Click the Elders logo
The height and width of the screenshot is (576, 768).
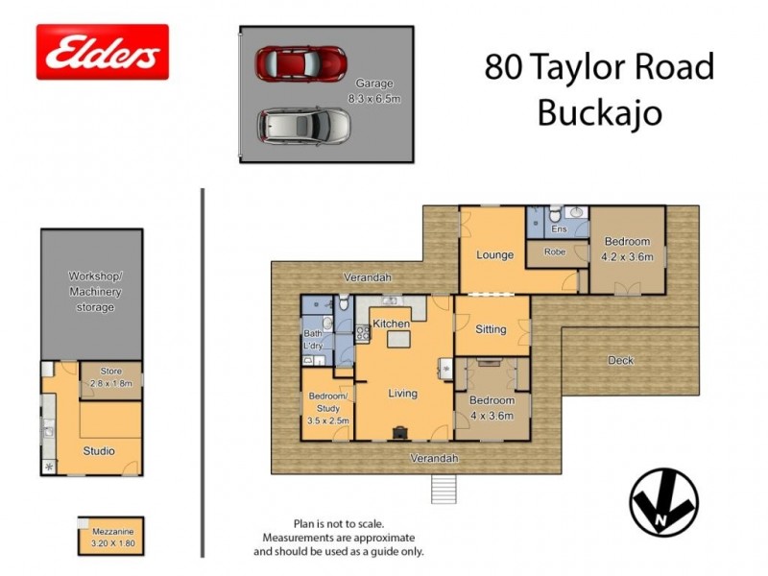click(102, 52)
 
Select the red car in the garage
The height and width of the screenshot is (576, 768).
click(300, 63)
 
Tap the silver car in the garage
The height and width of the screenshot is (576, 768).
click(305, 125)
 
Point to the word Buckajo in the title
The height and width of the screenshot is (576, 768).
click(599, 113)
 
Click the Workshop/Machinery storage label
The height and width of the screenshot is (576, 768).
click(91, 292)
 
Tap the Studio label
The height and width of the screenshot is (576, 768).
click(99, 450)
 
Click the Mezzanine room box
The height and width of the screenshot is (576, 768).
click(110, 535)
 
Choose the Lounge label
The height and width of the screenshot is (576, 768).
click(494, 255)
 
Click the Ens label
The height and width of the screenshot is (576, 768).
click(558, 230)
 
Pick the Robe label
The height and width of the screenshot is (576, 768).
click(555, 252)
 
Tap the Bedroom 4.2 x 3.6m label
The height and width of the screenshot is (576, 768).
click(627, 249)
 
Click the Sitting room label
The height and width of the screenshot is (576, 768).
click(491, 329)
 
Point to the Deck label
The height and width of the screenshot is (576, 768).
click(621, 360)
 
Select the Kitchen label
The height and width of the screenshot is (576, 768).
click(392, 324)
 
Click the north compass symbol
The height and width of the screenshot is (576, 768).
click(663, 502)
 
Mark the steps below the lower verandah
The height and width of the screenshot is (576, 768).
click(444, 489)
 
